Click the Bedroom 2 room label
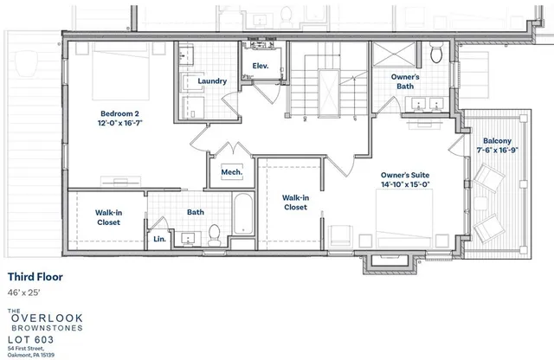pos(119,113)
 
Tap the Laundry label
pos(212,81)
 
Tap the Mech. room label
pos(231,171)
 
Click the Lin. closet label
pos(159,238)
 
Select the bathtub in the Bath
pos(243,220)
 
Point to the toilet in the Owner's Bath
pos(437,55)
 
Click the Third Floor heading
pos(39,277)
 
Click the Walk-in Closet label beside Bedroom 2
pos(108,216)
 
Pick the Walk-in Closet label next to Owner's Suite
pos(295,202)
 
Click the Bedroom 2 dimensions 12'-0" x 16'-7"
pos(119,124)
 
